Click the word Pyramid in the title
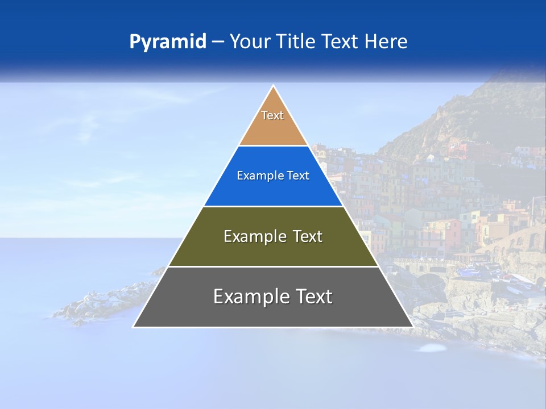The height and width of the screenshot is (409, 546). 167,42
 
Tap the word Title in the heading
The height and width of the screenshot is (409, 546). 298,42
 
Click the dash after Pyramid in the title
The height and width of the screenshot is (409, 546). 217,42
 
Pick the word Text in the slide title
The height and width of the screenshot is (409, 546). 342,42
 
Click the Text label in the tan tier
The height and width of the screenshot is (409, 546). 272,115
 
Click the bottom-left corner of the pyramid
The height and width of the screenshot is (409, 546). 134,327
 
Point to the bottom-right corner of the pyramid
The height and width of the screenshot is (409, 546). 412,327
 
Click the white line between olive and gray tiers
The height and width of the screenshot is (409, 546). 273,266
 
